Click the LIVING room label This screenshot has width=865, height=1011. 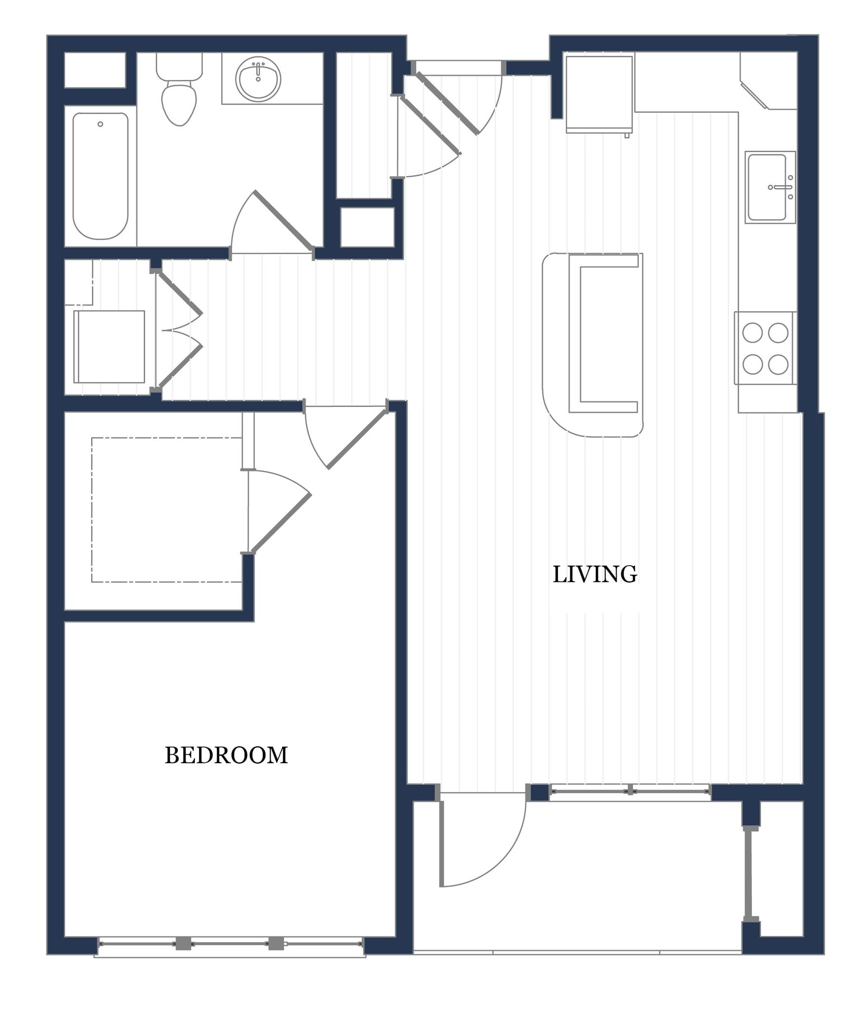[594, 574]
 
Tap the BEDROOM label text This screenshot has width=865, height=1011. [226, 755]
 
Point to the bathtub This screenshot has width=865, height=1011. [100, 176]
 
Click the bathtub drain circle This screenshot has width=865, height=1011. [100, 124]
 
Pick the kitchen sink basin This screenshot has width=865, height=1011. [766, 187]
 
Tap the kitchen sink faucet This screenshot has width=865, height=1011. [782, 187]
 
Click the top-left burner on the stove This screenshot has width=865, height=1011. [752, 333]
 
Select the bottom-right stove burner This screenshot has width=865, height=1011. [778, 364]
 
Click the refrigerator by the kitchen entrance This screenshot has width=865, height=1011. [599, 94]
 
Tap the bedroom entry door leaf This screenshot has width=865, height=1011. [357, 439]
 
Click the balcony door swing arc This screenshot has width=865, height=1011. [504, 854]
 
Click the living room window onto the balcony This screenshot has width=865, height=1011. [630, 791]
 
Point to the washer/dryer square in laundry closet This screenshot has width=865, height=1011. [109, 347]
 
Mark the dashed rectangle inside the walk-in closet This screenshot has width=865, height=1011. [166, 510]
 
